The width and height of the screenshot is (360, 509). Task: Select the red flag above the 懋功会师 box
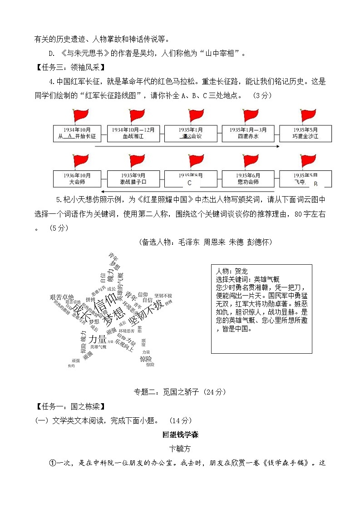tap(251, 161)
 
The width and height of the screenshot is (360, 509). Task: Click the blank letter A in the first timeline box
tap(69, 136)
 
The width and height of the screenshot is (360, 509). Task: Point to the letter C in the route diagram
tap(190, 183)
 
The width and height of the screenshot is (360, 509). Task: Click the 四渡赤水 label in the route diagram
tap(248, 136)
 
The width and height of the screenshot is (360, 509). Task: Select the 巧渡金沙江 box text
tap(305, 136)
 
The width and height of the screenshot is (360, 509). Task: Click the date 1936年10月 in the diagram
tap(77, 175)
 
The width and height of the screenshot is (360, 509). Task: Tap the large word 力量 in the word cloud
tap(97, 339)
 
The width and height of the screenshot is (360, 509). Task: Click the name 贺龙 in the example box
tap(239, 272)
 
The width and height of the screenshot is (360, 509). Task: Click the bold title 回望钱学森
tap(180, 435)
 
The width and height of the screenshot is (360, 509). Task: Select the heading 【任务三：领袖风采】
tap(70, 68)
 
